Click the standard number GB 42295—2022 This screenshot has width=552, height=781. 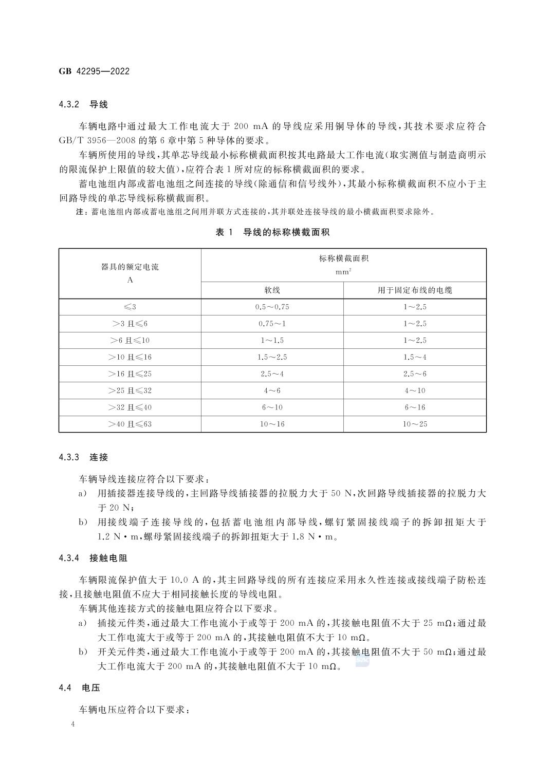[94, 71]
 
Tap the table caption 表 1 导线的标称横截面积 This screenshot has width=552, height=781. [272, 232]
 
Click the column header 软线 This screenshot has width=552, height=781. [272, 290]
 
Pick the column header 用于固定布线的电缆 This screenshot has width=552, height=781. [415, 290]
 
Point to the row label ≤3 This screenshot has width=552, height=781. [130, 307]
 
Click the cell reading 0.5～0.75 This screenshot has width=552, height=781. [272, 307]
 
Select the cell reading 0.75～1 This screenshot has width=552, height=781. [272, 324]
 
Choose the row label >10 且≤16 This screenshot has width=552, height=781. [130, 357]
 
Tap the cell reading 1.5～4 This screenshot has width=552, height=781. [415, 357]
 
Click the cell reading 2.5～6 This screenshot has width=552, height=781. [415, 374]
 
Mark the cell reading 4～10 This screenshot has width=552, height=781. [415, 390]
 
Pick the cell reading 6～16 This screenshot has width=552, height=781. [415, 407]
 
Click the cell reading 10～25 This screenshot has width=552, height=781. [415, 424]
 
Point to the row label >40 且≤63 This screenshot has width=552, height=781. [130, 424]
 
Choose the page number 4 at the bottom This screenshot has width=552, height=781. [73, 724]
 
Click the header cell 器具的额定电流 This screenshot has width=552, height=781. [130, 267]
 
